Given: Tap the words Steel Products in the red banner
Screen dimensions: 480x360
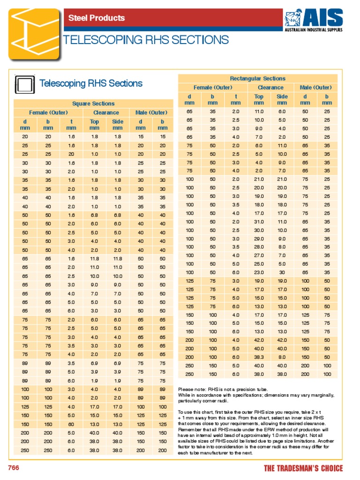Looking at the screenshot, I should click(x=97, y=18).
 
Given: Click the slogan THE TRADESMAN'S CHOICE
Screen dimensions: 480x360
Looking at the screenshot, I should click(x=303, y=468).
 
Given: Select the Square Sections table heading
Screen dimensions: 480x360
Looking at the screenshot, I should click(x=93, y=104).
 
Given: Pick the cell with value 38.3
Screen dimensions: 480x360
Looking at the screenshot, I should click(x=259, y=357).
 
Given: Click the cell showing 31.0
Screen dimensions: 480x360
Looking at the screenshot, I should click(x=259, y=222).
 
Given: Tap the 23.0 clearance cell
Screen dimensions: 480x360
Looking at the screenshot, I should click(x=259, y=272).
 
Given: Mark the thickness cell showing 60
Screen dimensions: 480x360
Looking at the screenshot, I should click(x=71, y=424).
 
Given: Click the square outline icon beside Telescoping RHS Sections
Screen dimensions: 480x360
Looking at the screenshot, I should click(x=26, y=84).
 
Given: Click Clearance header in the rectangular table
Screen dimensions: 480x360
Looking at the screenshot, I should click(x=270, y=88).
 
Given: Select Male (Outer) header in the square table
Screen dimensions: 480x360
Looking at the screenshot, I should click(x=151, y=112).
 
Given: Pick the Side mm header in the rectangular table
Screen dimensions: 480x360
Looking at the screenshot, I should click(x=282, y=99).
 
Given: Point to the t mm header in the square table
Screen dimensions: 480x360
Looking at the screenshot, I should click(x=71, y=125).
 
